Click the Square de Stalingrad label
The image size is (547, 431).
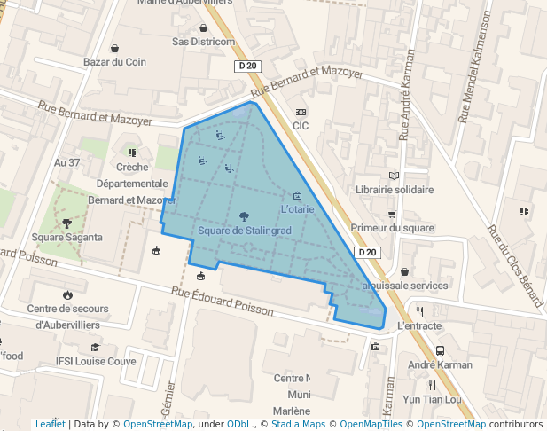click(244, 231)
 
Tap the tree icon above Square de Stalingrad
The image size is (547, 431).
click(244, 215)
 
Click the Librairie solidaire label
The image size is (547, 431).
click(395, 190)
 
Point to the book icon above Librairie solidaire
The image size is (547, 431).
click(395, 176)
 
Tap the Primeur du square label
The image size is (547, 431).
click(393, 228)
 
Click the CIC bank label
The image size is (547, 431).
click(301, 126)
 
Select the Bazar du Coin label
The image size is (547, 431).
click(114, 62)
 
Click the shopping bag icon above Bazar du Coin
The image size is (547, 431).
click(114, 48)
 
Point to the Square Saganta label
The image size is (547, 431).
click(67, 238)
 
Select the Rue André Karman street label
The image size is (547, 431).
click(407, 107)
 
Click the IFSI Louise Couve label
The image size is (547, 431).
click(96, 362)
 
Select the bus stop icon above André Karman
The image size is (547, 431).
click(441, 350)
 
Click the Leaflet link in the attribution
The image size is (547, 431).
click(50, 425)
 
